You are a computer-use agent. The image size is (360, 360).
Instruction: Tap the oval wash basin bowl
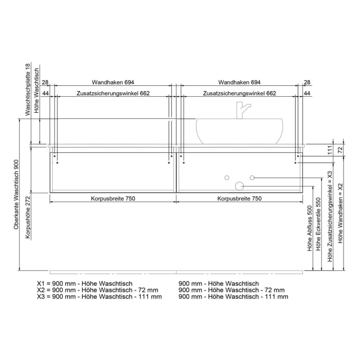240,131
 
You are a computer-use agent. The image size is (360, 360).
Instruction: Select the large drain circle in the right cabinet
239,186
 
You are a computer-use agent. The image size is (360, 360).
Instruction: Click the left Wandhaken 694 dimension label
113,82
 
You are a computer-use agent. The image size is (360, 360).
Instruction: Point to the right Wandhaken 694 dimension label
240,82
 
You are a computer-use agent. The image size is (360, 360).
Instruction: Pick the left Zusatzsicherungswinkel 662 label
113,94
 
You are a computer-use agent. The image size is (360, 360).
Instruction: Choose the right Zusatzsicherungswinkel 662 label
240,94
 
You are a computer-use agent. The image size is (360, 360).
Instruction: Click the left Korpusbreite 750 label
113,199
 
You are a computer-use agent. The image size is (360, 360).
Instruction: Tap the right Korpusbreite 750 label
240,199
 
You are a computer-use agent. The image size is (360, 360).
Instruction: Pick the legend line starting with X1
85,283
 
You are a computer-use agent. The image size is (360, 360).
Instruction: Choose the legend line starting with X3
99,297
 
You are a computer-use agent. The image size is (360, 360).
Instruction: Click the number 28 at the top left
45,82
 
